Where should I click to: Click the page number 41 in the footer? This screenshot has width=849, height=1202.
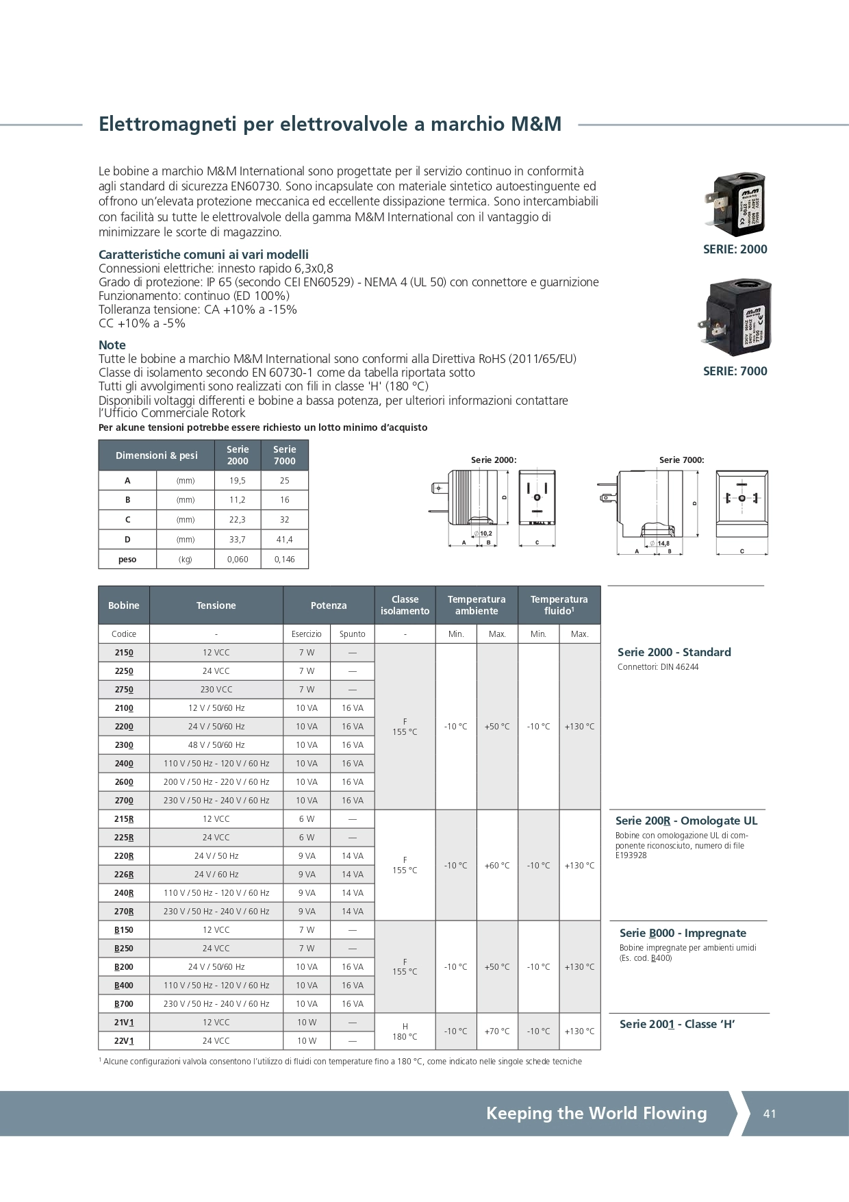[770, 1114]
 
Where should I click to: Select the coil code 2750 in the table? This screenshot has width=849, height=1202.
[124, 690]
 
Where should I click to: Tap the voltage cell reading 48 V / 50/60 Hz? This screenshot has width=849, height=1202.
[216, 745]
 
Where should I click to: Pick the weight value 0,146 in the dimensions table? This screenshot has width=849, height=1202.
[285, 560]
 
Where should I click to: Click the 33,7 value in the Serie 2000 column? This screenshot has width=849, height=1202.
[238, 540]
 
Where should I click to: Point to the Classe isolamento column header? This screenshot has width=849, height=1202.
[405, 605]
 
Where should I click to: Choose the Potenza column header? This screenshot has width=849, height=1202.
[329, 605]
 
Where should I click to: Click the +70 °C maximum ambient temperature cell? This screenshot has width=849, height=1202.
[497, 1031]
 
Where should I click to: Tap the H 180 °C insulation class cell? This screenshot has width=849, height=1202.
[405, 1031]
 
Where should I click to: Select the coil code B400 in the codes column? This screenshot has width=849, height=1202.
[124, 986]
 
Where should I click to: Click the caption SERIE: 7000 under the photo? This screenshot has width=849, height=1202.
[735, 371]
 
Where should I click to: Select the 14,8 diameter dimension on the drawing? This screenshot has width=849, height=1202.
[662, 544]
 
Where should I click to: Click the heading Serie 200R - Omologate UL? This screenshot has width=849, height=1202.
[686, 821]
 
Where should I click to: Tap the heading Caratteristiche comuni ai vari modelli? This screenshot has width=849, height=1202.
[203, 254]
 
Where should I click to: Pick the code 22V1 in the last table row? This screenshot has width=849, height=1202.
[124, 1041]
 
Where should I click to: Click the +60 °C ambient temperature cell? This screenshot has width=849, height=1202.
[497, 866]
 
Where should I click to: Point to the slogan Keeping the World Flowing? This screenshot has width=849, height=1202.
[596, 1114]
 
